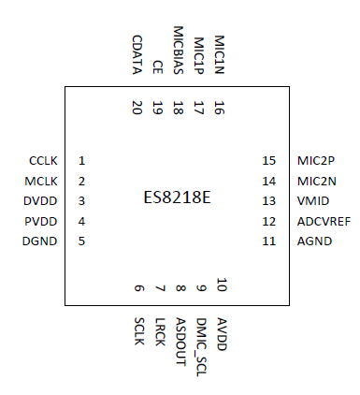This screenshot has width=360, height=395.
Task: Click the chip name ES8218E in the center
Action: pos(177,199)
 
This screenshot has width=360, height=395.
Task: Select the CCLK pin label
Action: pos(43,161)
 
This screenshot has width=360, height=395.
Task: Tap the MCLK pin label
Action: pos(43,181)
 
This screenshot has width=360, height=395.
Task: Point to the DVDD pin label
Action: pos(42,201)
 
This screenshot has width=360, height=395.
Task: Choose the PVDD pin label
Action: pos(42,221)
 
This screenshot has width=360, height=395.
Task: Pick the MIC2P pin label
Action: pos(314,161)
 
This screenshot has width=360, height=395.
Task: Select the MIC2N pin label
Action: pos(314,181)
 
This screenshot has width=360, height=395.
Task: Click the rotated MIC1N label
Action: pos(219,54)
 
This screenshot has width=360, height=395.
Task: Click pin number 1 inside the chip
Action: pos(82,161)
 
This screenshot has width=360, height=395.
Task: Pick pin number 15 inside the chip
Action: pos(269,161)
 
